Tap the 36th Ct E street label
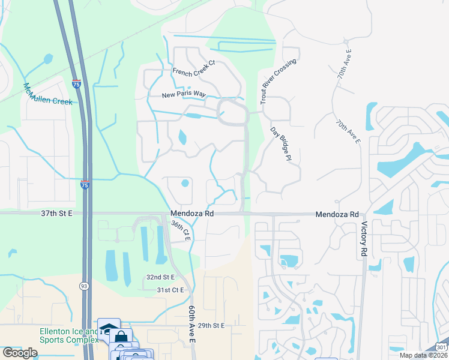(180, 230)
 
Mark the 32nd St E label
(160, 277)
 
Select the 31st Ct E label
(169, 290)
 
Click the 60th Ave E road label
(192, 323)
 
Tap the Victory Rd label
(364, 240)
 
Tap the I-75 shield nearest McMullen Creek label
(76, 85)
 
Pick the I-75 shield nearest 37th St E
(85, 185)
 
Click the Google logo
(20, 352)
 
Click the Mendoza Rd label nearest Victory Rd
(337, 214)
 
